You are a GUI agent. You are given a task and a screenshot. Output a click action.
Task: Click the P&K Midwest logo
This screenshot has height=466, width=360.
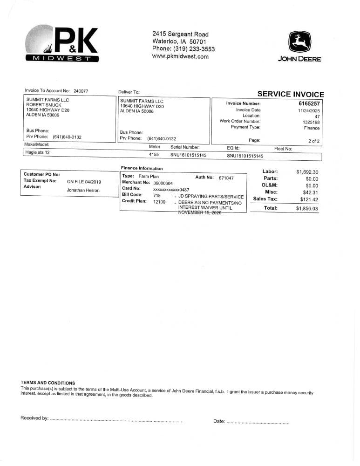pos(62,44)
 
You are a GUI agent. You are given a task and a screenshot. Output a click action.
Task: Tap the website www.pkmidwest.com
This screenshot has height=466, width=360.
pos(180,57)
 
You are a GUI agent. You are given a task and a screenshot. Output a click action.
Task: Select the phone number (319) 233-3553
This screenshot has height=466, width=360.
pos(194,49)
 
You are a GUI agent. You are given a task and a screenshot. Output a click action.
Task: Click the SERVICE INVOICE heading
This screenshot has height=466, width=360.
pos(291,94)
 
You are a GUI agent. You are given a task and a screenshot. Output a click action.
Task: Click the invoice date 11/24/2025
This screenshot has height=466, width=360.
pos(309,110)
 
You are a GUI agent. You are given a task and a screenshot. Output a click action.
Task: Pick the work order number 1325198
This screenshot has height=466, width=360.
pos(311,122)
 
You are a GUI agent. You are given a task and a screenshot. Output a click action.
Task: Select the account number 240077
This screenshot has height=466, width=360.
pos(81,91)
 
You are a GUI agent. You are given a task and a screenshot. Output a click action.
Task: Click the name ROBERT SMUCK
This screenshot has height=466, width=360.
pos(44,105)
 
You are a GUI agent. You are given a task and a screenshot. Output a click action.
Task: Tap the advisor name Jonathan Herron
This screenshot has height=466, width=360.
pos(83,190)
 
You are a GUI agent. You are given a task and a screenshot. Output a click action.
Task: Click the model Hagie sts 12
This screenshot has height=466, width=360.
pos(37,152)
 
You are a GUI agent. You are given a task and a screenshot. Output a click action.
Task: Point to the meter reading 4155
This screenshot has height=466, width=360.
pos(154,154)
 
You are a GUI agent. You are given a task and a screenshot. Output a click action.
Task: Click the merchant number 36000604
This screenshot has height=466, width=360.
pos(163,183)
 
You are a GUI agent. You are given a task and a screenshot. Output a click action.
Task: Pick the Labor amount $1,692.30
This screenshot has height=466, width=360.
pos(307,172)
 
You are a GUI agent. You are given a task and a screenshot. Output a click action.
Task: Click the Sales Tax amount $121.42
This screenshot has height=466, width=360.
pos(309,199)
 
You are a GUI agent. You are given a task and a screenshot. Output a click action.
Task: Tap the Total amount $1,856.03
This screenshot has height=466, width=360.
pos(307,209)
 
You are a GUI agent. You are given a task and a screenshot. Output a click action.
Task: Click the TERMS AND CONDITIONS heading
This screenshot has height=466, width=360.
pos(48,383)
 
